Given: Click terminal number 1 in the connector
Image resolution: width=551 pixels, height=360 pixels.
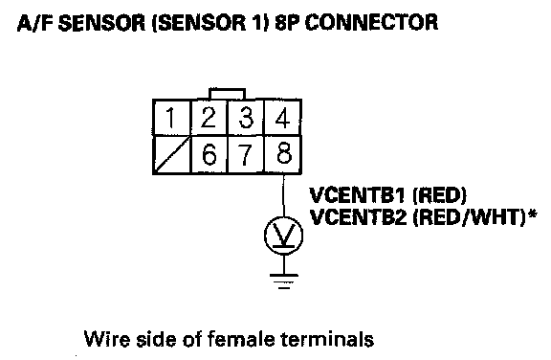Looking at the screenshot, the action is coord(171,118).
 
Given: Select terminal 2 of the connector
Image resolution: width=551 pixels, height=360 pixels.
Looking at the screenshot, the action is coord(209,118).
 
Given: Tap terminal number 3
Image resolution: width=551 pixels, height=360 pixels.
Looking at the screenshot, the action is coord(246,118).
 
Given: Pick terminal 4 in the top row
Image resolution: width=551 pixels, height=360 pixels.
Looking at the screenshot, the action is coord(282,118).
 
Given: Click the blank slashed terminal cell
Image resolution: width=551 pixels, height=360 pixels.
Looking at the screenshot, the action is coord(171,155).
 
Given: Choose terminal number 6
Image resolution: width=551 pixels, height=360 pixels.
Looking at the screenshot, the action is coord(209,155).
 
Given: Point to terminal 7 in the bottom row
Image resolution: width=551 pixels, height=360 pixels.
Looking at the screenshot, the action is coord(246,155).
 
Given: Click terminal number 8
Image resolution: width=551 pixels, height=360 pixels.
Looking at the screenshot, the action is coord(283,155).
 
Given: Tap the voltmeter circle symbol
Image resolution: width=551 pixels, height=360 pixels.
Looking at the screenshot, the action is coord(283,217).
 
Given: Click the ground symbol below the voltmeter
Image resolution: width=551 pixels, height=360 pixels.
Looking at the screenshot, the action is coord(284,281).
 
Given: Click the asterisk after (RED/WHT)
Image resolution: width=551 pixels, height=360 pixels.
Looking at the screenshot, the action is coord(533,214).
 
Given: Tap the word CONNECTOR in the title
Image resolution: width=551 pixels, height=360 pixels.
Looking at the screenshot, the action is coord(371,23).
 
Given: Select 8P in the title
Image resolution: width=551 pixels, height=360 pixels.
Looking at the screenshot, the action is coord(287,23).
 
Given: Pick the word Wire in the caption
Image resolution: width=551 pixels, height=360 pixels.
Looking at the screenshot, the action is coord(107,339).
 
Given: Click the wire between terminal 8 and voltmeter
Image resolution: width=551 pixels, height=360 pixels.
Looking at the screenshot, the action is coord(283,195).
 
